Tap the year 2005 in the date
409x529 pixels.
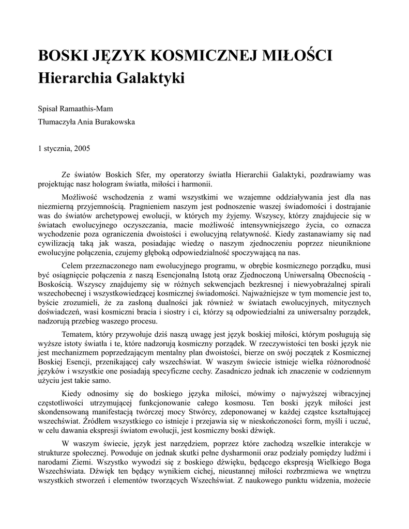point(82,148)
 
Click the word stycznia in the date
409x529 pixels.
point(58,148)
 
